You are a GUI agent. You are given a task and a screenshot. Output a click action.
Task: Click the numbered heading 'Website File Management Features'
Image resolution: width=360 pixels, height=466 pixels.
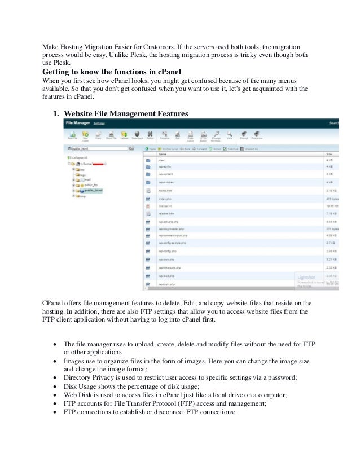(126, 113)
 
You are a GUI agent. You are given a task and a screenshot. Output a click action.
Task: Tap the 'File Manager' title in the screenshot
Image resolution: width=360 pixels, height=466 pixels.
(77, 122)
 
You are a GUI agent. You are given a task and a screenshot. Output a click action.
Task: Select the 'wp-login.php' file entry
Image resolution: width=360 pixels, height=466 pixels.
(167, 284)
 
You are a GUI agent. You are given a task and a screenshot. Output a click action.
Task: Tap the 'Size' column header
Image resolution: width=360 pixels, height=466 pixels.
(329, 153)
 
